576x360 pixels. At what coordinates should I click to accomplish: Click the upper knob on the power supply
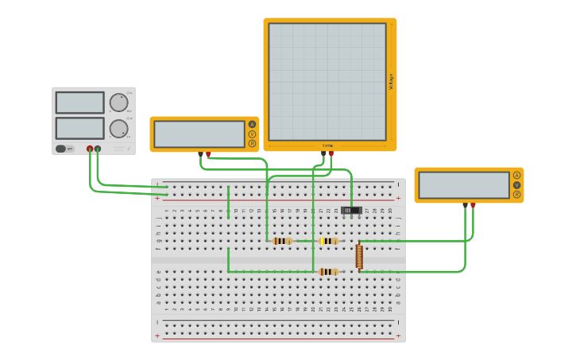point(118,103)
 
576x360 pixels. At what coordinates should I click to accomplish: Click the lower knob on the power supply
point(118,129)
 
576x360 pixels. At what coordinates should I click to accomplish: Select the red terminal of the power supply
point(90,149)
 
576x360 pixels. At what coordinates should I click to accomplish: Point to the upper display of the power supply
point(79,103)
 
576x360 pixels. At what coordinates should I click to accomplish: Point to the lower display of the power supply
point(79,128)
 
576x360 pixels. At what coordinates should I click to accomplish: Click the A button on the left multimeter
point(252,124)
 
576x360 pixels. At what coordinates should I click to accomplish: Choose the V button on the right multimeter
point(516,184)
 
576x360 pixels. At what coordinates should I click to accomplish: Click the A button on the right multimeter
point(516,175)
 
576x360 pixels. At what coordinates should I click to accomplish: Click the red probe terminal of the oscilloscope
point(331,153)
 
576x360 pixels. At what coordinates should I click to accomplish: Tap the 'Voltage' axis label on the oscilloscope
point(391,81)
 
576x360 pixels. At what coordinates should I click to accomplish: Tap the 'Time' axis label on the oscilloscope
point(327,145)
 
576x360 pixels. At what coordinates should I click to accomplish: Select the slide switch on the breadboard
point(351,211)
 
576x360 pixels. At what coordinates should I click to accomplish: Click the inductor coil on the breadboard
point(359,256)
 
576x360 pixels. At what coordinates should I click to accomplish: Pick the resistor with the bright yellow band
point(328,241)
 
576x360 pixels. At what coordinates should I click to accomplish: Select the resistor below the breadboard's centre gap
point(327,272)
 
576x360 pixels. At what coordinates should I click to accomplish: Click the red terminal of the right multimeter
point(473,205)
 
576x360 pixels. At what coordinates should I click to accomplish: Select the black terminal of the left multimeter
point(200,153)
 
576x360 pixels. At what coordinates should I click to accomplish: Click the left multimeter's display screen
point(199,134)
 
